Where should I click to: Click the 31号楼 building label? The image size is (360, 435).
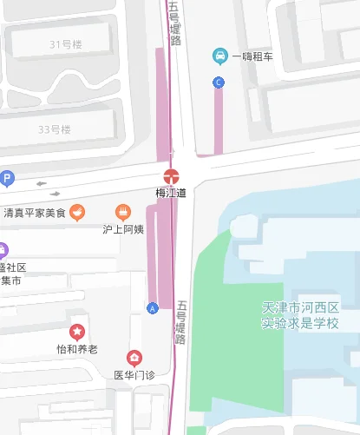tap(65, 43)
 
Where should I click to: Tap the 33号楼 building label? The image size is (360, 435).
tap(54, 129)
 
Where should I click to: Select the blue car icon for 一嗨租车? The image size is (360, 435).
tap(219, 57)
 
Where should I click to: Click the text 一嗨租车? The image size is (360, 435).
tap(252, 57)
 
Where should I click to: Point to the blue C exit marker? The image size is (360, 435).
tap(219, 82)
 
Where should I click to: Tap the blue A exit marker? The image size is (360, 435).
tap(153, 307)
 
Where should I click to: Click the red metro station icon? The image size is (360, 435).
tap(172, 175)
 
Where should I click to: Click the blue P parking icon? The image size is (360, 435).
tap(7, 179)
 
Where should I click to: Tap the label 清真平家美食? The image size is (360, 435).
tap(36, 213)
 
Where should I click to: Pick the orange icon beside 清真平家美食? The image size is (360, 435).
tap(78, 212)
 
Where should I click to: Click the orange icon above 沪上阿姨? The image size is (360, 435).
tap(123, 212)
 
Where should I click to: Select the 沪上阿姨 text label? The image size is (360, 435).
tap(123, 229)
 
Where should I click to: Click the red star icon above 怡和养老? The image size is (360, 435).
tap(77, 331)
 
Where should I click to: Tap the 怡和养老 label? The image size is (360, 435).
tap(77, 349)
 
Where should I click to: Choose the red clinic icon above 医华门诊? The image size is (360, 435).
tap(134, 358)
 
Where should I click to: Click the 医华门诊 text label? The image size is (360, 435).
tap(134, 375)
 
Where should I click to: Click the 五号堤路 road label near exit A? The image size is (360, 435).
tap(181, 322)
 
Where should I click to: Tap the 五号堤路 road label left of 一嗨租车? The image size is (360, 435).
tap(174, 23)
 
